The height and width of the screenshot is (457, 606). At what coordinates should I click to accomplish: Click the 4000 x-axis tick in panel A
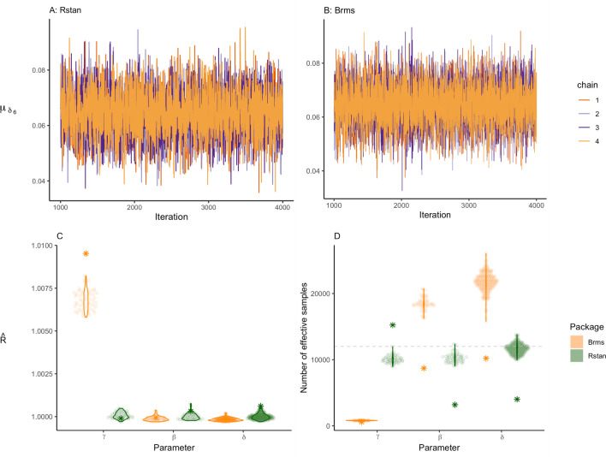coord(282,208)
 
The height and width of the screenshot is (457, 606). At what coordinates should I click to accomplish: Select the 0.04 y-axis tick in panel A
coord(39,181)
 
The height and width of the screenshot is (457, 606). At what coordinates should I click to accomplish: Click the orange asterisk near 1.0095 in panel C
coord(86,253)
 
